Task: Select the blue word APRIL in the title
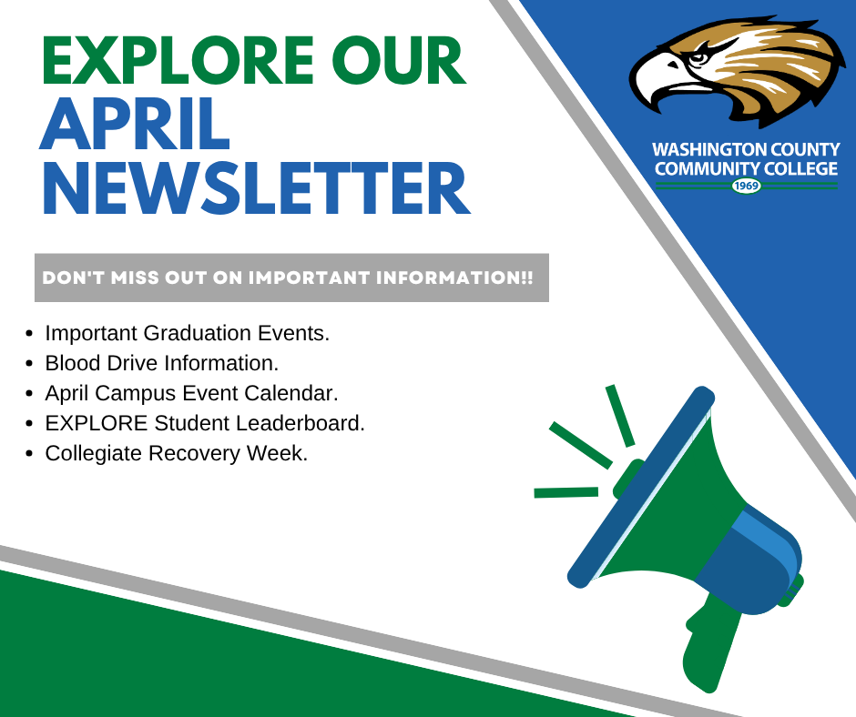tap(135, 124)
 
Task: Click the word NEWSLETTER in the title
tap(256, 187)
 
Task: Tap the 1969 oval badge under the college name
tap(746, 186)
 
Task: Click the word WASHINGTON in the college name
tap(698, 149)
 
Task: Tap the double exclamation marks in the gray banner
tap(526, 278)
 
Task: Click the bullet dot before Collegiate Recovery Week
tap(29, 454)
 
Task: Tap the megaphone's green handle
tap(709, 644)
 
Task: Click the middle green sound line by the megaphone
tap(581, 445)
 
